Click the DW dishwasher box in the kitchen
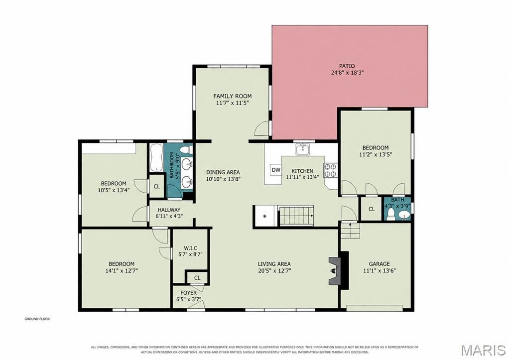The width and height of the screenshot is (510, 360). (x=276, y=170)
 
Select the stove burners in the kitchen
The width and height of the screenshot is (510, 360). (x=331, y=171)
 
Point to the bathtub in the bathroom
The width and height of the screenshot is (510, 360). (x=156, y=157)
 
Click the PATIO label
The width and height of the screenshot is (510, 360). (x=347, y=66)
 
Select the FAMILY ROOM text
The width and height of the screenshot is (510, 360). (x=232, y=96)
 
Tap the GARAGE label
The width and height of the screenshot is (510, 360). (x=379, y=264)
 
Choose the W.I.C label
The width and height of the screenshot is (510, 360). (x=190, y=248)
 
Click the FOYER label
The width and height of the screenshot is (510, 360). (x=188, y=293)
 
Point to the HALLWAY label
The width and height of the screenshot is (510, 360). (x=169, y=210)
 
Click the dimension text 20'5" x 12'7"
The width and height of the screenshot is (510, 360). (x=274, y=270)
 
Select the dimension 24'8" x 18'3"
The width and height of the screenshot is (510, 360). (x=347, y=73)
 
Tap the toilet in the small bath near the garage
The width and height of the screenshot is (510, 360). (x=391, y=214)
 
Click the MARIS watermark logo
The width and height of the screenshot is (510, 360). (x=483, y=350)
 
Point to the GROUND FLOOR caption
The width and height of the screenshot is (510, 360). (x=37, y=319)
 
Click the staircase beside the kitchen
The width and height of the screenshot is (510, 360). (x=296, y=215)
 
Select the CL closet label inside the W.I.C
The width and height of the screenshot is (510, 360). (x=197, y=278)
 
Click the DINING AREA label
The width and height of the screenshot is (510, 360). (x=223, y=172)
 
